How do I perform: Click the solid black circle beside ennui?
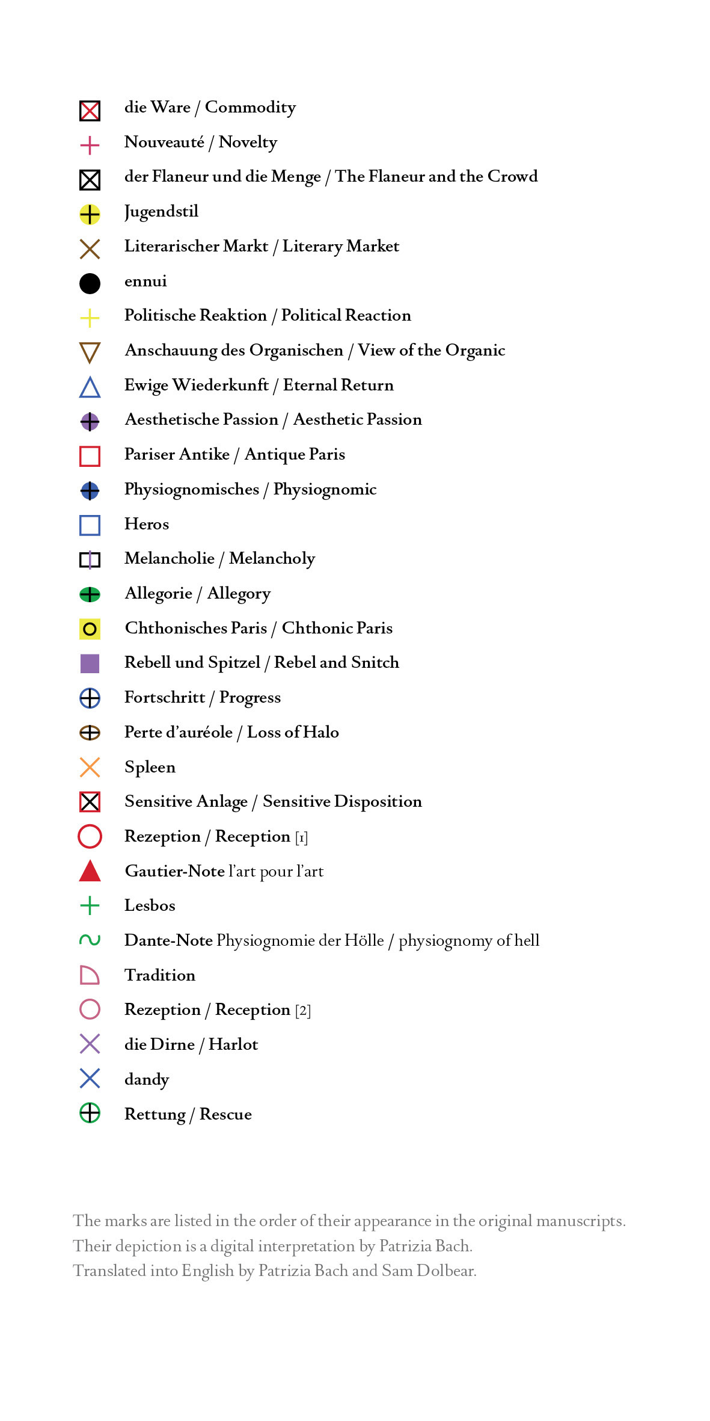[90, 283]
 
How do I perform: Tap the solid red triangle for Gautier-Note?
[90, 872]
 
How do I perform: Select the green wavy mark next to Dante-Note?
[90, 940]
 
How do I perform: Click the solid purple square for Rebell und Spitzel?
[90, 664]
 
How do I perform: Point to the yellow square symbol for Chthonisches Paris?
[90, 629]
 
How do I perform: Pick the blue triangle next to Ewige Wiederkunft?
[90, 387]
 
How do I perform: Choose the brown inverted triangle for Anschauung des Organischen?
[90, 352]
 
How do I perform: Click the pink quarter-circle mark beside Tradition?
[89, 975]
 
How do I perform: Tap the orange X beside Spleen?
[90, 767]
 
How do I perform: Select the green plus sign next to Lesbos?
[90, 905]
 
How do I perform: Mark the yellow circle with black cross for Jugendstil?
[90, 214]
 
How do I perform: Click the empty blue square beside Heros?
[90, 525]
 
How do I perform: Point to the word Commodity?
[250, 108]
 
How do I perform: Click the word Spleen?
[150, 768]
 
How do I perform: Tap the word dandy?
[147, 1079]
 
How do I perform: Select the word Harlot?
[233, 1044]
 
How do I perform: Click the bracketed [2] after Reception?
[303, 1010]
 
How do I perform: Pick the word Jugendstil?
[161, 212]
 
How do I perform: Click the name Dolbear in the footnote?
[446, 1271]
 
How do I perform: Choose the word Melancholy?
[272, 559]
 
